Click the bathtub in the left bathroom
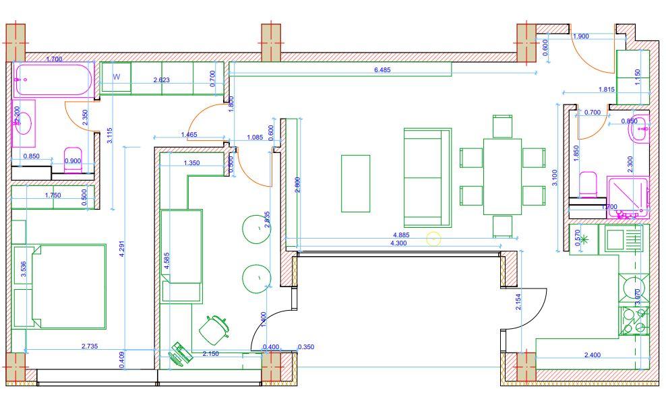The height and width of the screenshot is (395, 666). click(53, 80)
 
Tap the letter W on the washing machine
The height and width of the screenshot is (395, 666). click(116, 77)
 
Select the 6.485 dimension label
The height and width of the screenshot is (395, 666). click(382, 69)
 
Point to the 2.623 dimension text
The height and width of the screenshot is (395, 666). click(162, 80)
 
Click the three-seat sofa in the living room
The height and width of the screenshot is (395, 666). click(427, 177)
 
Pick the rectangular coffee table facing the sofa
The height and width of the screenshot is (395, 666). click(355, 183)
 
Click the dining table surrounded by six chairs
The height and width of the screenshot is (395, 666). click(502, 177)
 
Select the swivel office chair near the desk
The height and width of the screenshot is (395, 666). click(214, 328)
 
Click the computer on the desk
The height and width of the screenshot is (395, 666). click(181, 353)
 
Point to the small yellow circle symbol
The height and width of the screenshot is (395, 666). click(433, 238)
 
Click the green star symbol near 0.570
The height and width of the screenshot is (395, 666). click(584, 239)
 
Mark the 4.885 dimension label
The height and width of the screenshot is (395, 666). click(401, 235)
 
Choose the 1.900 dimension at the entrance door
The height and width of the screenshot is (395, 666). click(580, 36)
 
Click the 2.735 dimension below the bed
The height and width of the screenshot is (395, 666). click(89, 346)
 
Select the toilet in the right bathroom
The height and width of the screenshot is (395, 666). click(588, 184)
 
